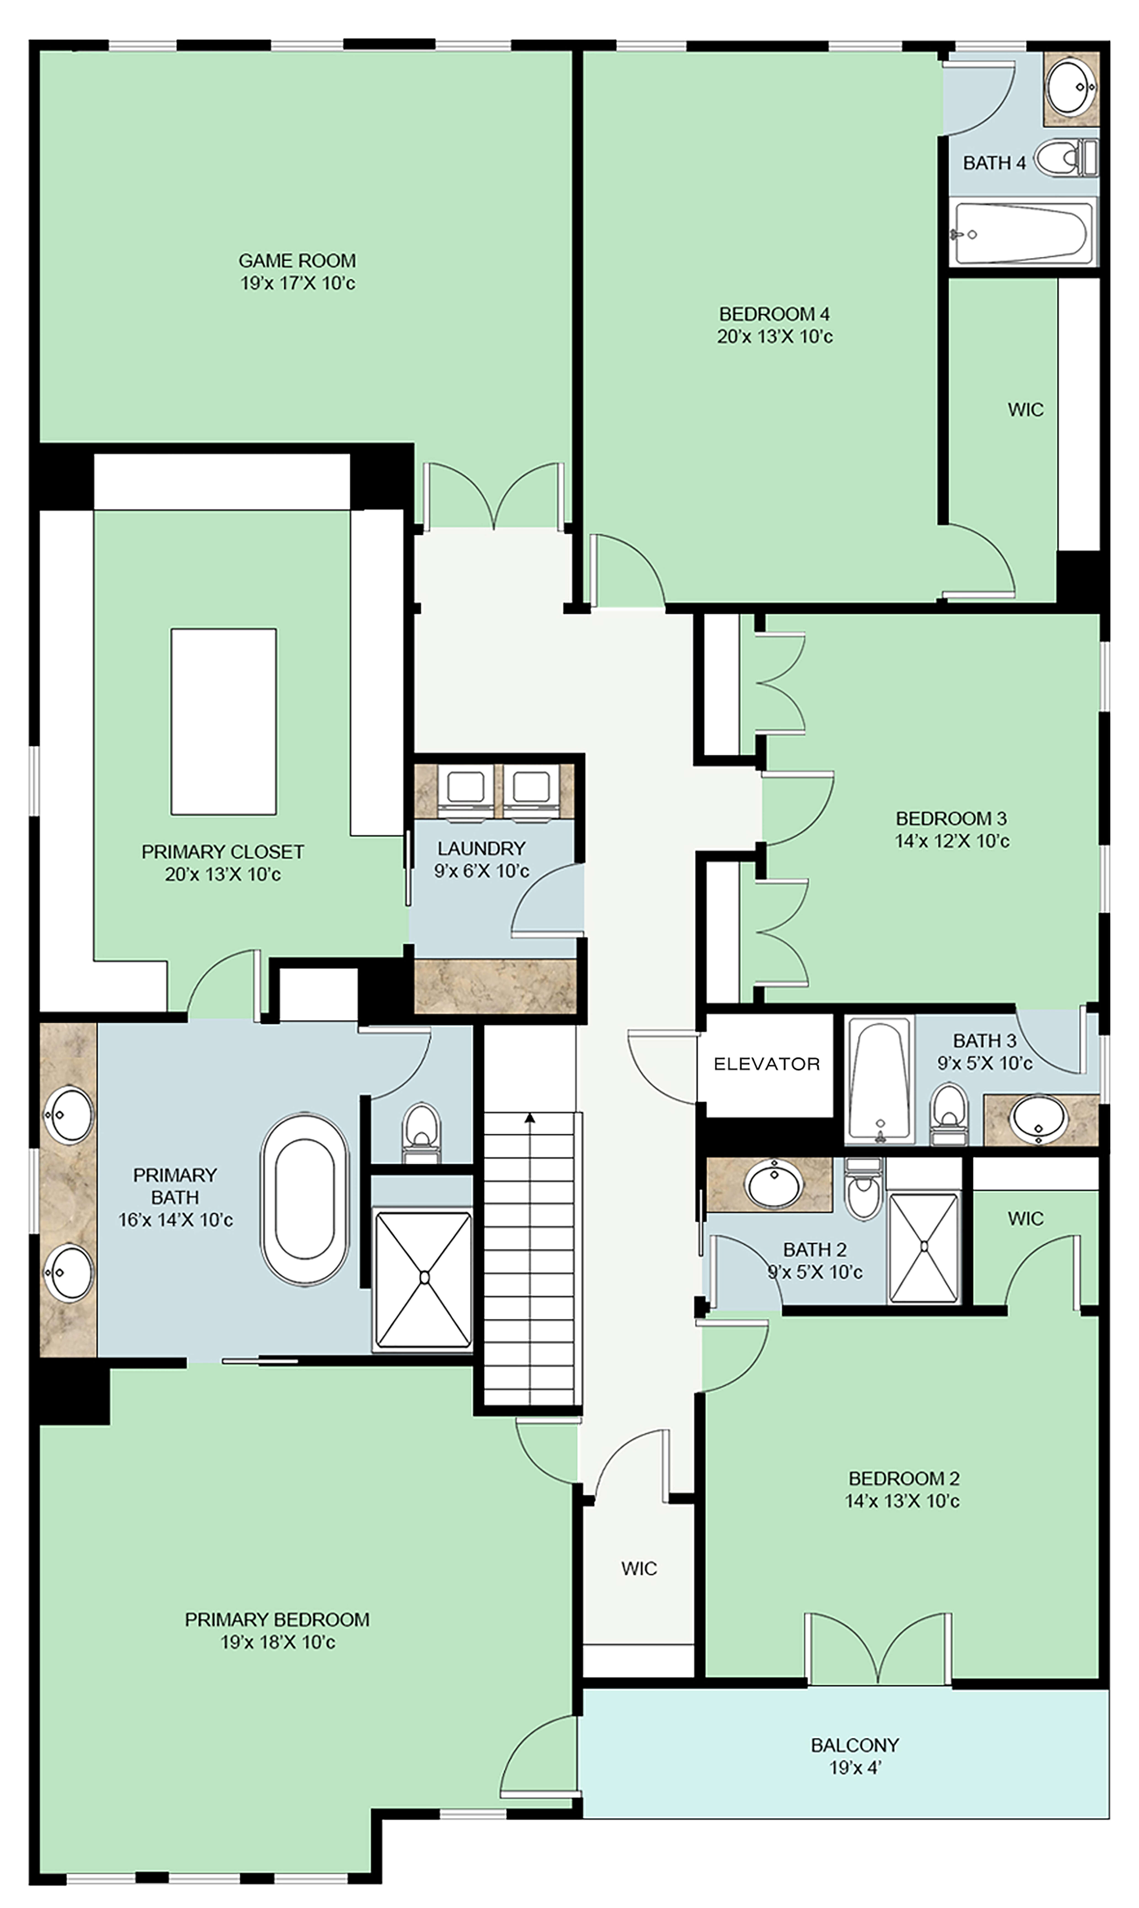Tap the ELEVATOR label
(x=767, y=1064)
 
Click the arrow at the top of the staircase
(x=530, y=1119)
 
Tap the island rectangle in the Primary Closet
(x=223, y=722)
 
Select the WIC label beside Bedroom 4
(x=1025, y=410)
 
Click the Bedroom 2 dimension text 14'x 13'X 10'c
(x=903, y=1500)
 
